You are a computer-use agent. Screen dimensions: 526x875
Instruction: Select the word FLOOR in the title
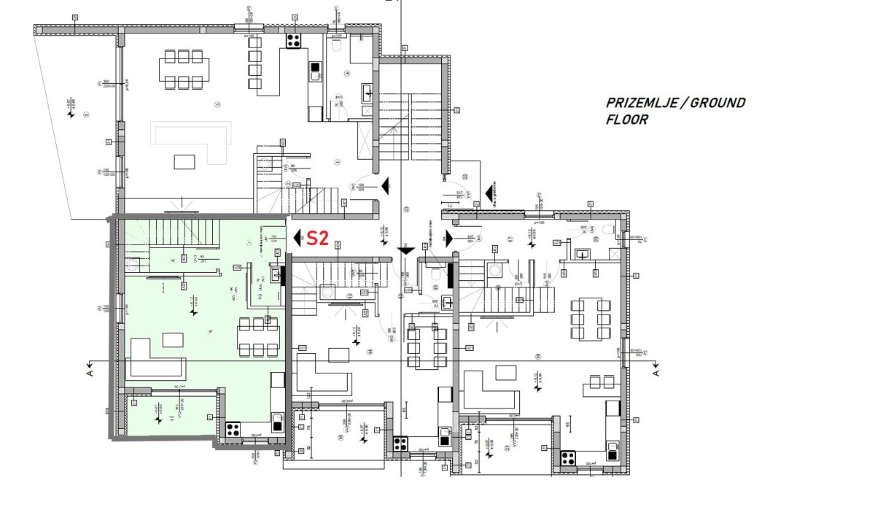point(626,120)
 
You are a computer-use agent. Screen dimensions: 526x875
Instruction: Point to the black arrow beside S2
point(298,238)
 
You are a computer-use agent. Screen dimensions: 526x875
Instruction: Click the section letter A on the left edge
point(88,372)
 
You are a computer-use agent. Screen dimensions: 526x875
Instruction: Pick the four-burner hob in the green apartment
point(233,429)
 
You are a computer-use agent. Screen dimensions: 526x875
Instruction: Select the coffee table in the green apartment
point(173,339)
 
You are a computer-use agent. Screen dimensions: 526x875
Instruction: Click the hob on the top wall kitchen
point(294,40)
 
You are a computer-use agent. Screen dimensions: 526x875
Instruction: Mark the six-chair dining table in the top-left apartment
point(182,69)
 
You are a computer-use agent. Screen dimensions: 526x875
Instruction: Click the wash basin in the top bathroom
point(368,93)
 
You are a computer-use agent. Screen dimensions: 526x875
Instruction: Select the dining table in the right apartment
point(588,319)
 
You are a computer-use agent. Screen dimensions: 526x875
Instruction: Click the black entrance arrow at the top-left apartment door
point(384,186)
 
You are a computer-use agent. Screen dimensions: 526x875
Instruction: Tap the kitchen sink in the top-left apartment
point(315,71)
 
